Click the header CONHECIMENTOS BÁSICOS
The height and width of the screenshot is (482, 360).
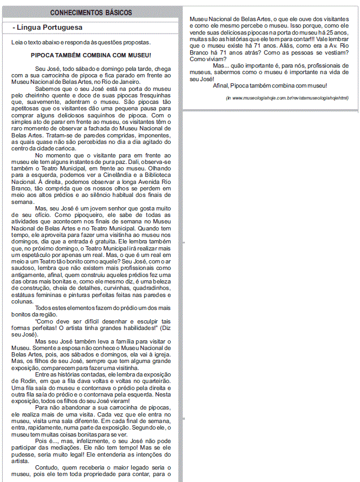[x=92, y=12]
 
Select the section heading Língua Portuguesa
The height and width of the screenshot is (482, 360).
[x=49, y=27]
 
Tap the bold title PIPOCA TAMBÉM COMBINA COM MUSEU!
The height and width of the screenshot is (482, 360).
[x=91, y=55]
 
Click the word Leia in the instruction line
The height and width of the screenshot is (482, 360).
[x=17, y=42]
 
